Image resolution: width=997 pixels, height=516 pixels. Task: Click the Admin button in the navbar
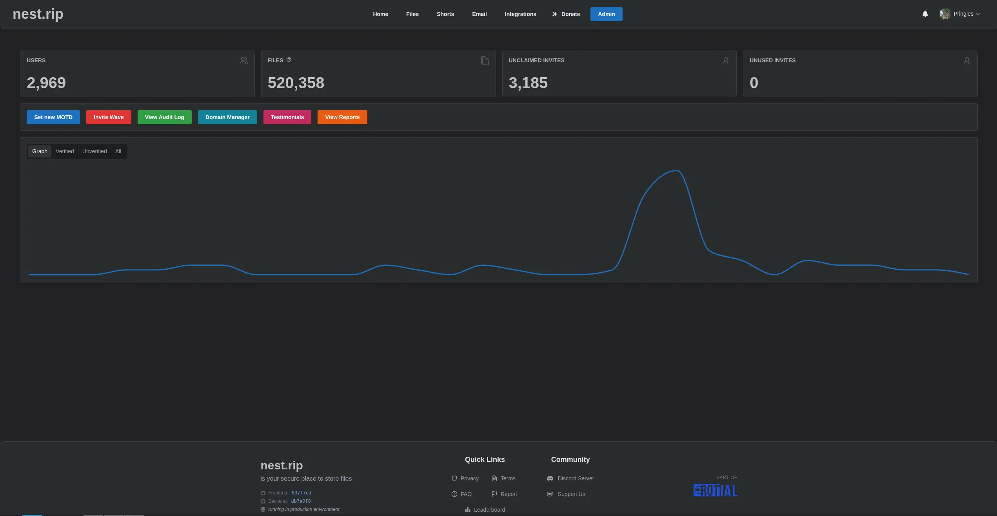[606, 14]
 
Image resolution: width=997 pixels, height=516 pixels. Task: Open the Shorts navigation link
[445, 14]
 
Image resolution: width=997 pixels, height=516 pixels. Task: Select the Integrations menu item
[520, 14]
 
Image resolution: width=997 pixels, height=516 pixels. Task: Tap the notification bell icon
[925, 14]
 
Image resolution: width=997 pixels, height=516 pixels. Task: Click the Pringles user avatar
[944, 14]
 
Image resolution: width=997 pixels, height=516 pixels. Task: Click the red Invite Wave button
[109, 117]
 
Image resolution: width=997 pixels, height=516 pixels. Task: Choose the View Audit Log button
[164, 117]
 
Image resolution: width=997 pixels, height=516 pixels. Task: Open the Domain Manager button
[227, 117]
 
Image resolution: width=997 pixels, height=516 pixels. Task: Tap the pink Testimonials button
[287, 117]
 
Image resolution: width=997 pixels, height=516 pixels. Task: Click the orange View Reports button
[342, 117]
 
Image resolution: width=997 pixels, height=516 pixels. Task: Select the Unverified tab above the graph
[94, 151]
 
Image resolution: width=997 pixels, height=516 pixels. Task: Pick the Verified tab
[65, 151]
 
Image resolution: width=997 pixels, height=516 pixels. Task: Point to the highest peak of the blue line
[677, 170]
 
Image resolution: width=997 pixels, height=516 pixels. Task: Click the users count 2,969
[46, 83]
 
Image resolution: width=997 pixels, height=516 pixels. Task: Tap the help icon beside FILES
[289, 60]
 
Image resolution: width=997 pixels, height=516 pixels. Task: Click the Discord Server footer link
[576, 478]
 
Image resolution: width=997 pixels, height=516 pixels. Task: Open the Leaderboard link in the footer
[489, 510]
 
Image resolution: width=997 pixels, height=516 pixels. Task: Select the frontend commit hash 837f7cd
[301, 493]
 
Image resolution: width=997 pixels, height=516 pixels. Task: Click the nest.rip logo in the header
[38, 14]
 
